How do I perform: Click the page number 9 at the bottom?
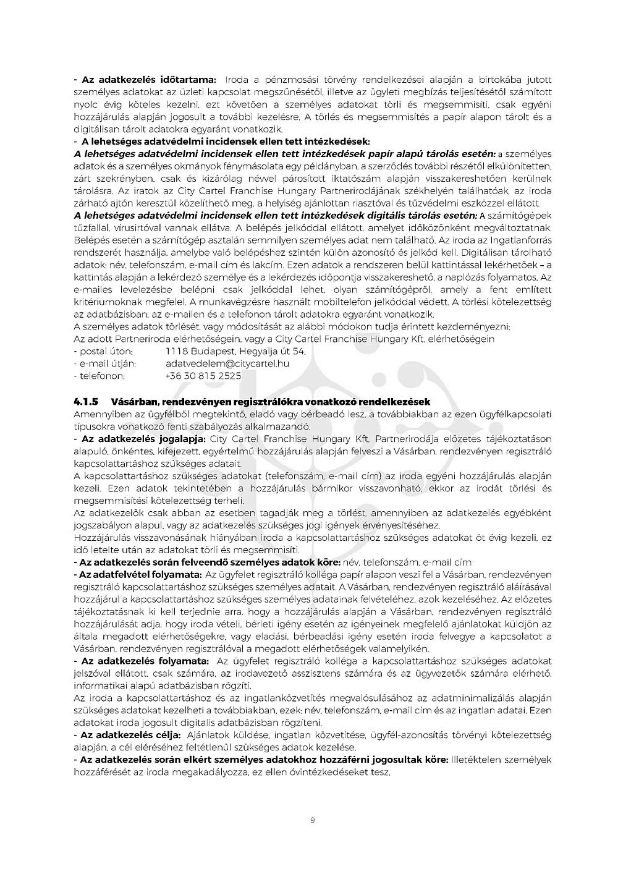pyautogui.click(x=312, y=820)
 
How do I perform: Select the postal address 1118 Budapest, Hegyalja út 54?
pyautogui.click(x=235, y=351)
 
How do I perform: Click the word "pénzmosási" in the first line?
pyautogui.click(x=289, y=80)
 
